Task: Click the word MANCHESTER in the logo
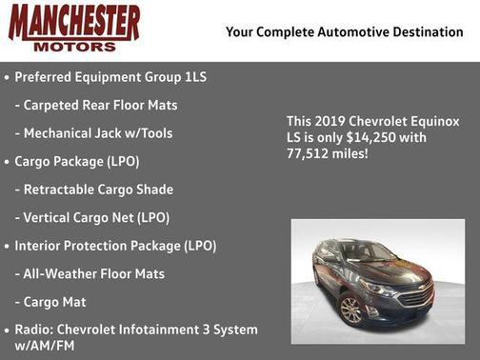(74, 23)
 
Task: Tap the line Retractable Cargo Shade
(97, 190)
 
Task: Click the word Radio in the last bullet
(33, 330)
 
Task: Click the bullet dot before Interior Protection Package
(8, 246)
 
